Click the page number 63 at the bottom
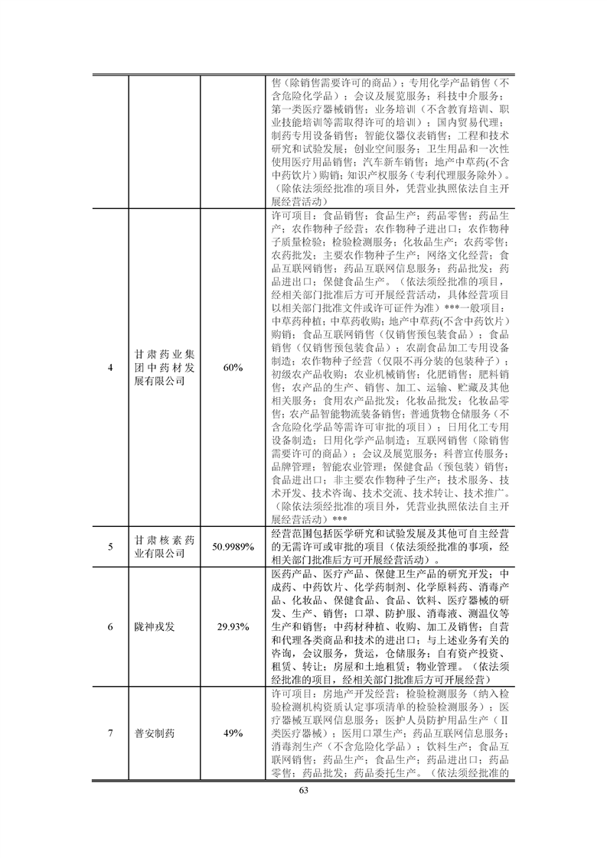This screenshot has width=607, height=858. [x=303, y=790]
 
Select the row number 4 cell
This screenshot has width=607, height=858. [x=110, y=368]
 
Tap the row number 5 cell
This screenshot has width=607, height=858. [x=110, y=547]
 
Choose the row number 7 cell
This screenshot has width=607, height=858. [x=110, y=733]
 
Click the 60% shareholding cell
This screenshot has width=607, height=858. [x=232, y=368]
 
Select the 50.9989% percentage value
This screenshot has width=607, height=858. [x=232, y=547]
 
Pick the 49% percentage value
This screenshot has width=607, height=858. [x=232, y=733]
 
